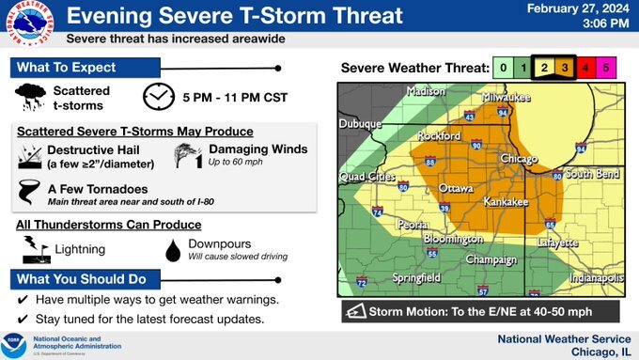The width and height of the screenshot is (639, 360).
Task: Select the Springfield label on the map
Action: click(x=414, y=277)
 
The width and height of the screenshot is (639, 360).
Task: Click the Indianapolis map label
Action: click(x=596, y=278)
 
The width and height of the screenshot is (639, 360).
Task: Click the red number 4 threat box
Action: click(x=584, y=68)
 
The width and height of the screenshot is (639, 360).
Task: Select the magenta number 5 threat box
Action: click(x=606, y=68)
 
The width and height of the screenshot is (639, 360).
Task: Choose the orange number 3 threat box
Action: click(x=563, y=68)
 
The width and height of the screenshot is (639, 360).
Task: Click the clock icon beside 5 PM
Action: click(x=159, y=97)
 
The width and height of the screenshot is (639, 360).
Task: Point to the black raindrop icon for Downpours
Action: click(x=173, y=249)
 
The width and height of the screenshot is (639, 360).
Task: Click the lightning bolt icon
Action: click(x=35, y=249)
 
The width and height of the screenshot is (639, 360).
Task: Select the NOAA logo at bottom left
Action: click(x=16, y=345)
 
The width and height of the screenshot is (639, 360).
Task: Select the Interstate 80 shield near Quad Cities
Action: click(x=402, y=186)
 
